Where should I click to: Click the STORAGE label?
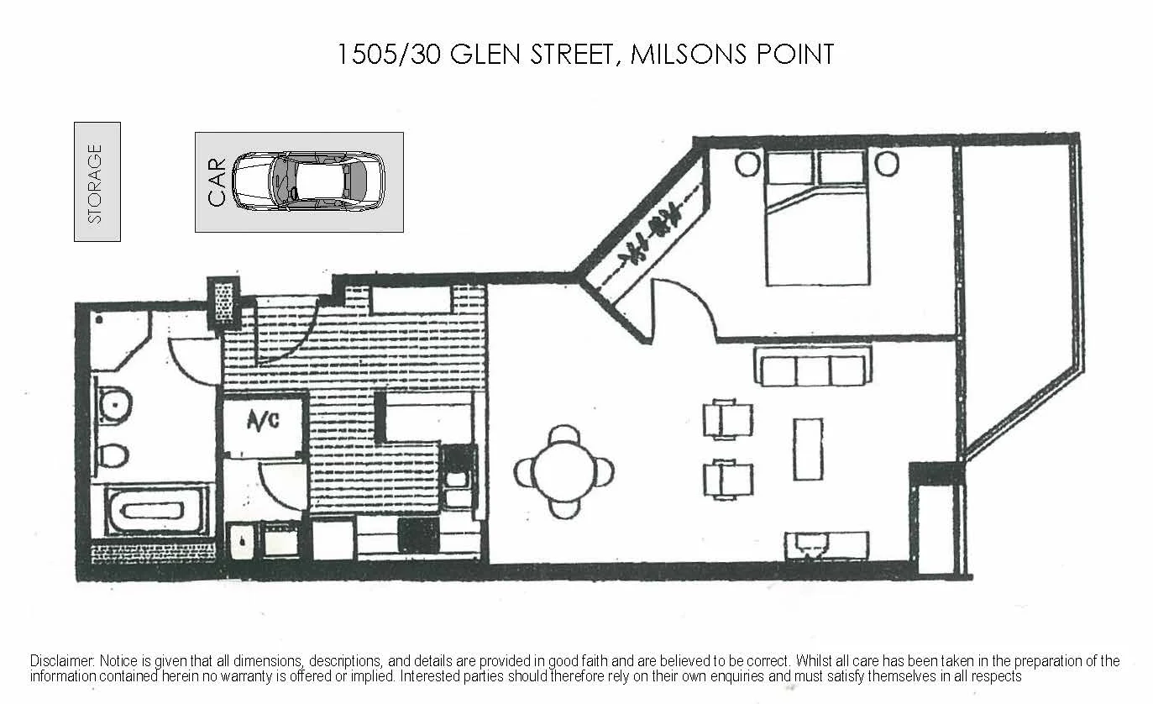point(96,182)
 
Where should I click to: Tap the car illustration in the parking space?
point(308,181)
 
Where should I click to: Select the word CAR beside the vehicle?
point(217,182)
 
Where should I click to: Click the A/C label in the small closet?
point(263,421)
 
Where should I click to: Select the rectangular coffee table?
point(808,449)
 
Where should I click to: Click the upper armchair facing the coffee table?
point(728,420)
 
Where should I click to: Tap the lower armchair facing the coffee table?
point(728,479)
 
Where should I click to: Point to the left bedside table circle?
point(746,164)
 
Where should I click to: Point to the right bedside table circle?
point(886,164)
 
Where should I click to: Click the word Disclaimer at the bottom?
point(62,661)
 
